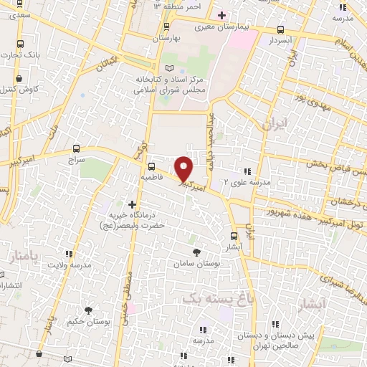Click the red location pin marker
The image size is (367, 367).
pos(184,168)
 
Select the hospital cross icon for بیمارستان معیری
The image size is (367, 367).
pos(221,15)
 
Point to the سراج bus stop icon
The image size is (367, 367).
pos(76,151)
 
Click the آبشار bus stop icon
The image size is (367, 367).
pos(234,235)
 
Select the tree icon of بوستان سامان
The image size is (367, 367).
pos(196,252)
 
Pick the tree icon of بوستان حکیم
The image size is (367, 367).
pos(88,310)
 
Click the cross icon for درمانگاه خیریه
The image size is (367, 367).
pos(131,204)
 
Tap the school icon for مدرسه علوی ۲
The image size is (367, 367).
pos(247,171)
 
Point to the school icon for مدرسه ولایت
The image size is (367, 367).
pos(69,253)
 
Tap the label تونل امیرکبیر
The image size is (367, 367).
pos(337,226)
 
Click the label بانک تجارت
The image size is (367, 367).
pos(22,55)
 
